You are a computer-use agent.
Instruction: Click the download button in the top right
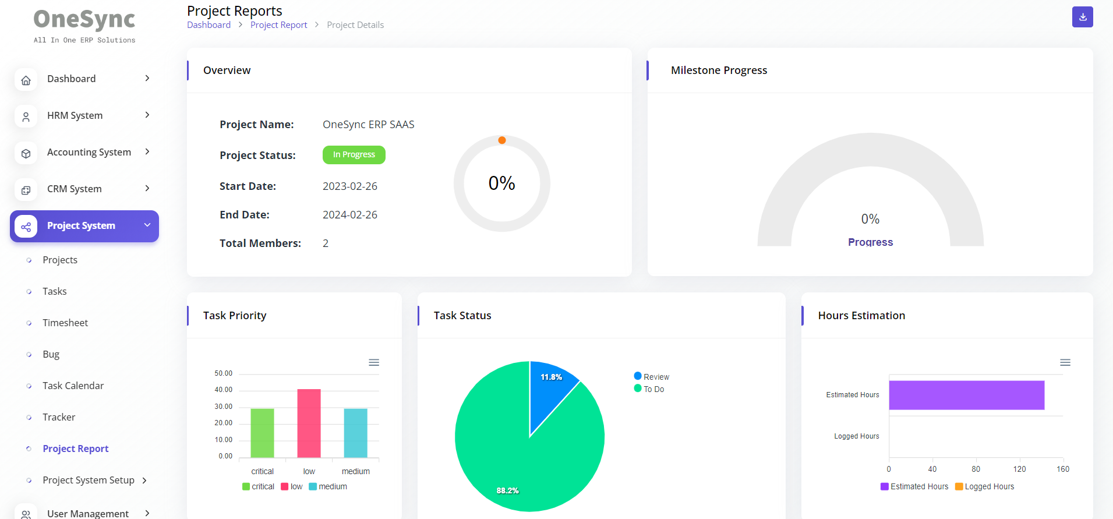[1082, 17]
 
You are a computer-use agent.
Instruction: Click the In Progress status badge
[354, 155]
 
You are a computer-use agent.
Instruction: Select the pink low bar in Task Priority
[309, 423]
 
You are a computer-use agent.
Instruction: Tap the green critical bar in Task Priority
[262, 433]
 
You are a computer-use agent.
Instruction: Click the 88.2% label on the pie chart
[507, 490]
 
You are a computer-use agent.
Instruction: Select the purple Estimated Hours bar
[966, 395]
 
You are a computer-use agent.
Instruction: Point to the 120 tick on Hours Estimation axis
[1019, 469]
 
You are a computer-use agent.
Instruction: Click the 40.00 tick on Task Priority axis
[223, 390]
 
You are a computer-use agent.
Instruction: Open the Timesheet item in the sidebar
[65, 323]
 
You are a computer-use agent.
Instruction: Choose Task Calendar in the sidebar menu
[73, 386]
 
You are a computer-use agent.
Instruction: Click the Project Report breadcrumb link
[278, 25]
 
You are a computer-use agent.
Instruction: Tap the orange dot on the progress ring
[501, 140]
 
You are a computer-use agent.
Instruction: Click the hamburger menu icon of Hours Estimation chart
[1065, 362]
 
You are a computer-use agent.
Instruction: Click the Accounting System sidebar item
[89, 152]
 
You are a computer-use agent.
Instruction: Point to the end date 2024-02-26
[349, 215]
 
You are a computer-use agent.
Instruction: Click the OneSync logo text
[84, 20]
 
